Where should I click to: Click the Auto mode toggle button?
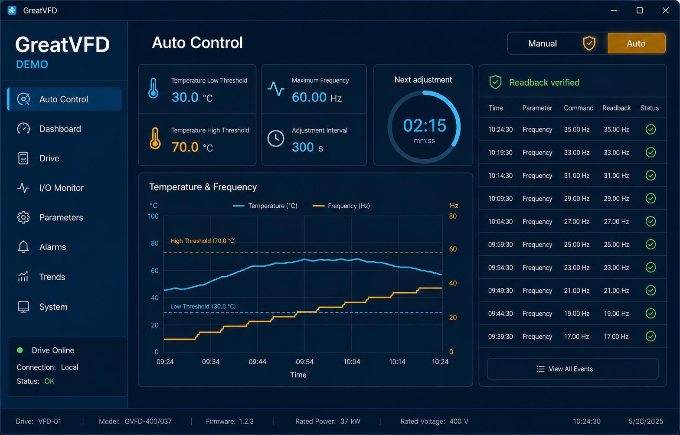(x=636, y=43)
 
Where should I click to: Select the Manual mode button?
(x=542, y=43)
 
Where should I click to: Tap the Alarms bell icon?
(x=23, y=247)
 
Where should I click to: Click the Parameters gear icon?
(x=23, y=217)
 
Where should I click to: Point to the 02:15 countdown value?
(x=425, y=125)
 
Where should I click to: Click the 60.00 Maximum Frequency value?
(x=309, y=98)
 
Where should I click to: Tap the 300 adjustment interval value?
(x=303, y=147)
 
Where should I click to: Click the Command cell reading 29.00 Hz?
(x=577, y=199)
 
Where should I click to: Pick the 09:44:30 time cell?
(x=500, y=314)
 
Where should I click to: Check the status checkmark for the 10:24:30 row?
(x=651, y=129)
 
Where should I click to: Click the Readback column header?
(x=616, y=108)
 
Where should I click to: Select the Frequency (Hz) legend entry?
(x=342, y=206)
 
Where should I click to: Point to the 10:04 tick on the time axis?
(x=352, y=362)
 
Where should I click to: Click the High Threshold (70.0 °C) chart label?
(x=203, y=241)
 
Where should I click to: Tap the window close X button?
(x=665, y=10)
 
